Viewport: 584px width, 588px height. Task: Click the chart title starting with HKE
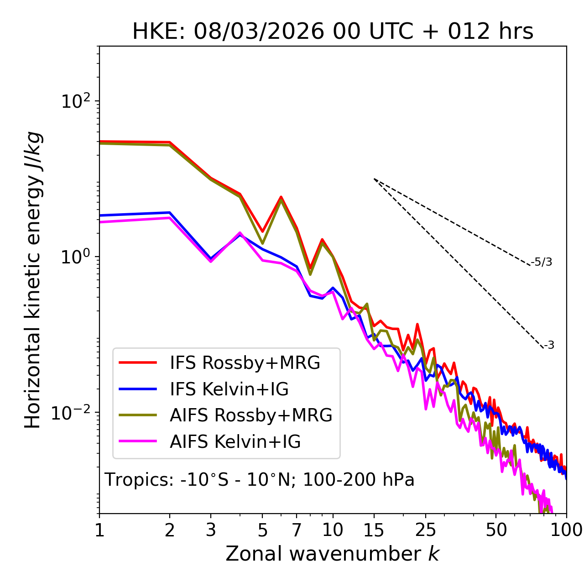[333, 32]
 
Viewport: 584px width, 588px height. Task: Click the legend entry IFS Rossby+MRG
[245, 363]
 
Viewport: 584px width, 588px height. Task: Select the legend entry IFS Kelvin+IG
[229, 389]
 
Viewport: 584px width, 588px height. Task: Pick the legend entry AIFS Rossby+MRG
[251, 415]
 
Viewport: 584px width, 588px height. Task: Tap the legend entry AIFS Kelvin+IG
[235, 442]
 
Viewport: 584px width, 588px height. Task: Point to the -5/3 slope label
[542, 262]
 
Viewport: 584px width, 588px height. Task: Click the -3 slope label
[549, 346]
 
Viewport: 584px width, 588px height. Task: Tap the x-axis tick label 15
[374, 530]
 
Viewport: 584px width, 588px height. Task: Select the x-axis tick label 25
[425, 530]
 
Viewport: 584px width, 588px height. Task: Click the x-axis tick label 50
[496, 530]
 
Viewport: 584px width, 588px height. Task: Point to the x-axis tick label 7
[297, 530]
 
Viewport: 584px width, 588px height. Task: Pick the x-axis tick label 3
[211, 530]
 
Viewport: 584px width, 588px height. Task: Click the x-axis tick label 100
[566, 530]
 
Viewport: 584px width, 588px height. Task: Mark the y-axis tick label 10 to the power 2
[75, 101]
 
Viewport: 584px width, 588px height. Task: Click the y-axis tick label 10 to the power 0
[75, 257]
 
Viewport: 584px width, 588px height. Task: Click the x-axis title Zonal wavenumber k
[333, 554]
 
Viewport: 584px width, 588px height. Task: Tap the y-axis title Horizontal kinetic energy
[33, 280]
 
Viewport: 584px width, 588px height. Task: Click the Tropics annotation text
[260, 480]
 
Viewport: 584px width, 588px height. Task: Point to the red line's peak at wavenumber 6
[281, 197]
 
